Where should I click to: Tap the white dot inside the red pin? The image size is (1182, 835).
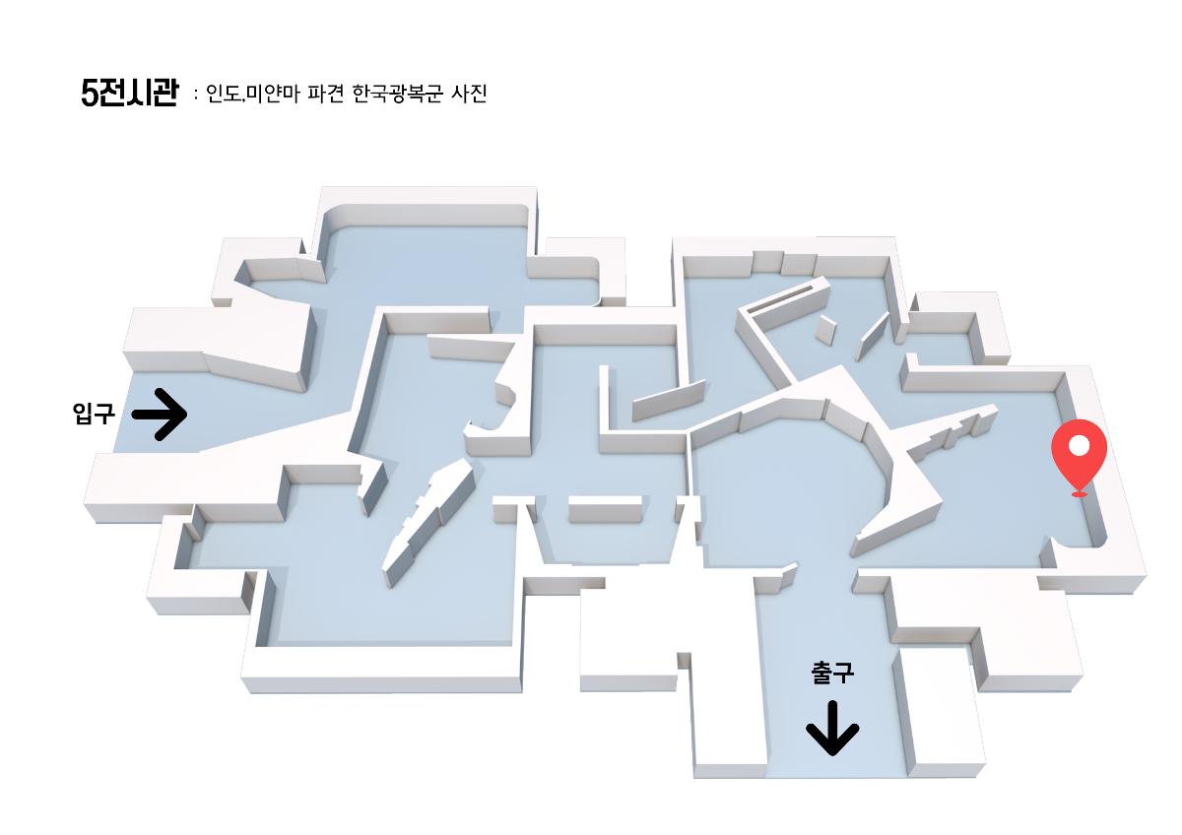click(1079, 446)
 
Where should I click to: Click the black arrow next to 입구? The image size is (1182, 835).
click(160, 414)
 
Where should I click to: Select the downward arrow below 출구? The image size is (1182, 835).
click(832, 729)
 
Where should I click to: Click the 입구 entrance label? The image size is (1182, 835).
click(94, 414)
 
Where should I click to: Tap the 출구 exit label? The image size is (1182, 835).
click(832, 674)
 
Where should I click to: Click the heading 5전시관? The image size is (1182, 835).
click(129, 94)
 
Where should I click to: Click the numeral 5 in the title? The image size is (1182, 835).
click(90, 94)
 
